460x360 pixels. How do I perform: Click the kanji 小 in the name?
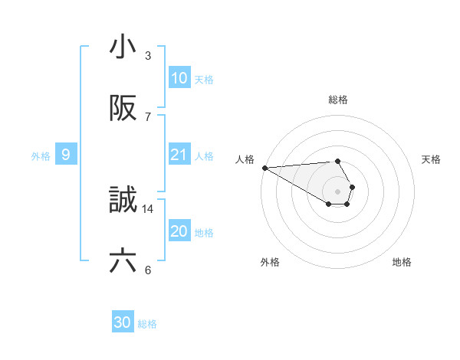123,48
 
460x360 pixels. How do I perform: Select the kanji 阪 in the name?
123,110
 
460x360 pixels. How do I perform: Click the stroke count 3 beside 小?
148,56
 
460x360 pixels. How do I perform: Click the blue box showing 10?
179,78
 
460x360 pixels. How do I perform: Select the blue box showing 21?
179,155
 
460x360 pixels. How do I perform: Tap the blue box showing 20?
179,231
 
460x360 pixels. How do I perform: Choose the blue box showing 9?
66,155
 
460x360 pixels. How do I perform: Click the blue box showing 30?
123,323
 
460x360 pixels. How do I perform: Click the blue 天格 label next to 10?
204,80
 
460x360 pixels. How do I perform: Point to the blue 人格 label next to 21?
204,156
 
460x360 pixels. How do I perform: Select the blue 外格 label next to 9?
41,156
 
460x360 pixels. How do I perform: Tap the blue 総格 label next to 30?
147,325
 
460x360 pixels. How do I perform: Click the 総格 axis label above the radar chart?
338,100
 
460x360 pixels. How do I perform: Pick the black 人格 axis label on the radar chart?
245,159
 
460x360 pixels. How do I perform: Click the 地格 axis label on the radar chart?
402,262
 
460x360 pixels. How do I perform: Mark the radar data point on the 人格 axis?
264,168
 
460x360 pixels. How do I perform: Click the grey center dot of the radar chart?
338,191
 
